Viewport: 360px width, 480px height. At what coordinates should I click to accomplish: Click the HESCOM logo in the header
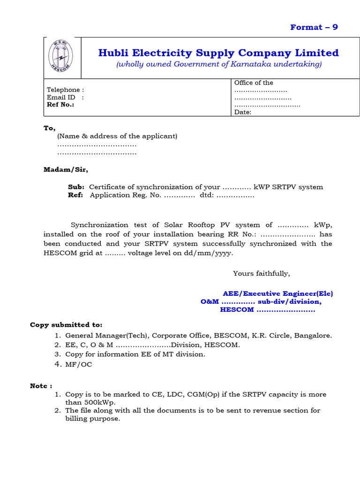click(62, 58)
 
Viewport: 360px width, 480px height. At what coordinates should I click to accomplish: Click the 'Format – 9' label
click(314, 27)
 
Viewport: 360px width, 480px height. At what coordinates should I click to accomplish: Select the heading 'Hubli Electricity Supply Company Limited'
click(218, 53)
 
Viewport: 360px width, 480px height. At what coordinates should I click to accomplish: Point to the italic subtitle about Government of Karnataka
click(218, 64)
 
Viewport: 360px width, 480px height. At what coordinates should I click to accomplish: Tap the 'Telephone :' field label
click(66, 90)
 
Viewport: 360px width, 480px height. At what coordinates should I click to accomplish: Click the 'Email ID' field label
click(61, 97)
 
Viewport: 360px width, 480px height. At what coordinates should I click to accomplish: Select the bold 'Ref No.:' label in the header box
click(60, 105)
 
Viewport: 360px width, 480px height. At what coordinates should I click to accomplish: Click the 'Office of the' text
click(254, 82)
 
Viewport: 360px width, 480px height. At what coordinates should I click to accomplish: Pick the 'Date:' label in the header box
click(243, 112)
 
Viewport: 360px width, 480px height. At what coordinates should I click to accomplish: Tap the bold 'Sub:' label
click(76, 187)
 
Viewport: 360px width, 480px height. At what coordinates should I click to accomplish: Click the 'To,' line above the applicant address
click(49, 128)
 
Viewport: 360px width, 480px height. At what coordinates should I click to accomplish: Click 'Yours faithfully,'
click(262, 273)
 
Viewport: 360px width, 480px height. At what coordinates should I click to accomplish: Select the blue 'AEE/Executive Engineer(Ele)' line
click(277, 293)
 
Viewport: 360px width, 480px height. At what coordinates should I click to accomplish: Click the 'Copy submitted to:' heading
click(66, 324)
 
